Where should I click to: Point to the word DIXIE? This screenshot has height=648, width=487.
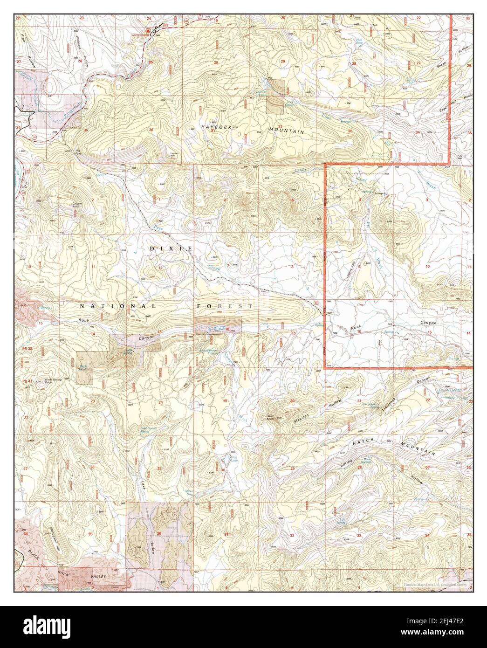(x=171, y=249)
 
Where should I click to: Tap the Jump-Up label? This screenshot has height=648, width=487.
(x=380, y=193)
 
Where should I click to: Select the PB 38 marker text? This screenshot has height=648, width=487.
(x=27, y=348)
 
